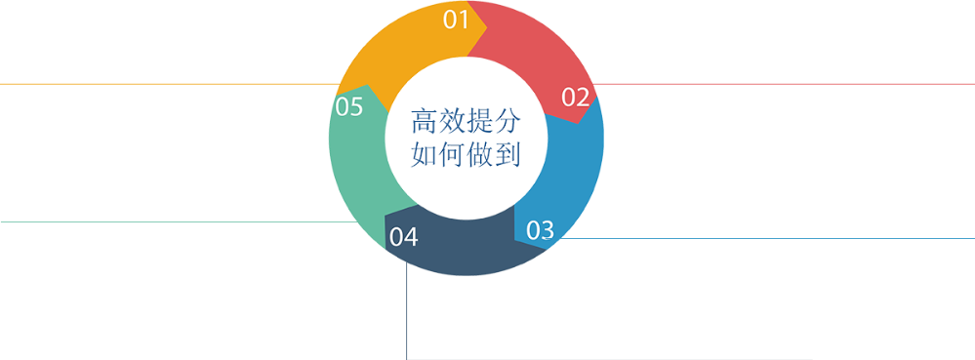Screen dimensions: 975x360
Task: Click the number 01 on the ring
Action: point(457,20)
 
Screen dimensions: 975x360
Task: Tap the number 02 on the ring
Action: point(576,97)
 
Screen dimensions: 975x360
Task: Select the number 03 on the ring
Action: point(540,230)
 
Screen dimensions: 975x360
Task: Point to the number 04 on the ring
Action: point(403,237)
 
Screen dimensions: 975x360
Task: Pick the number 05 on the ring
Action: point(349,106)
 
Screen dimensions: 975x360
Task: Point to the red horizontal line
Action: point(781,84)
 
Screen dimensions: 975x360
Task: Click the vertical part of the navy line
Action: point(407,312)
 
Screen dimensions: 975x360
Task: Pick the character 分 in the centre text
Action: point(507,123)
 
